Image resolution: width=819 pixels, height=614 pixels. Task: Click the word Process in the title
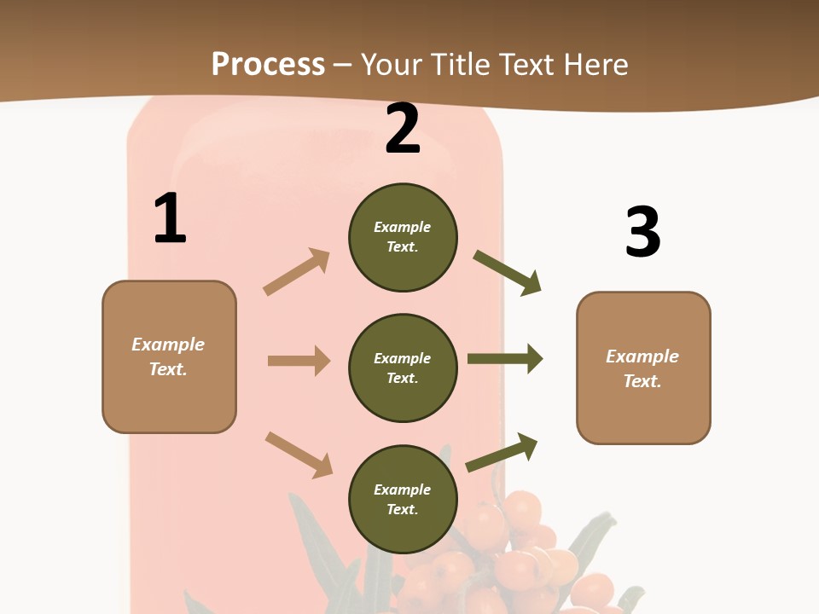coord(268,64)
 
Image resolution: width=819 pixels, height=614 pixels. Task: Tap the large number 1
coord(170,218)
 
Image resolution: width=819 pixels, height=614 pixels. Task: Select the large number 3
coord(642,232)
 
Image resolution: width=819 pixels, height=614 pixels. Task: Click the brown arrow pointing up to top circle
coord(297,272)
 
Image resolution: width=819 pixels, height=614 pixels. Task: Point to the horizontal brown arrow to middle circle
coord(299,361)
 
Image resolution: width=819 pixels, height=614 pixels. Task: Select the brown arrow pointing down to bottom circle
coord(299,455)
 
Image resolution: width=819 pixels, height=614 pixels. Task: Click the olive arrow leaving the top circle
coord(508,272)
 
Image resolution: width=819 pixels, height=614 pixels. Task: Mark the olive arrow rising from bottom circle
coord(502,453)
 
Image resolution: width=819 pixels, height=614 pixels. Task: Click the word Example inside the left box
coord(168,345)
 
